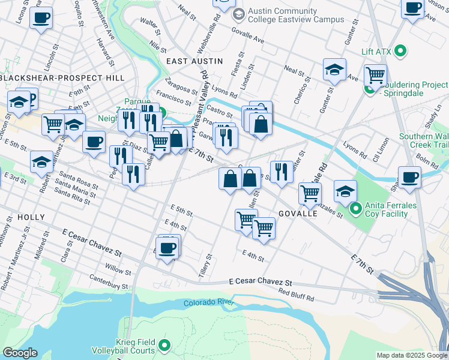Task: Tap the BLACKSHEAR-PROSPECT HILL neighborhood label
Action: (62, 78)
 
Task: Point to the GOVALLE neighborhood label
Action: (298, 214)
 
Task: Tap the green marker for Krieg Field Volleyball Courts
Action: (164, 346)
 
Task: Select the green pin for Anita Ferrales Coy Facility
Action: (355, 209)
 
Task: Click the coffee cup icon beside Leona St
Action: (41, 18)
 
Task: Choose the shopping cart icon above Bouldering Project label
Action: (375, 76)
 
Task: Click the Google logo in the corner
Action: (20, 353)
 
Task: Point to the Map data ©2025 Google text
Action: (411, 355)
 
